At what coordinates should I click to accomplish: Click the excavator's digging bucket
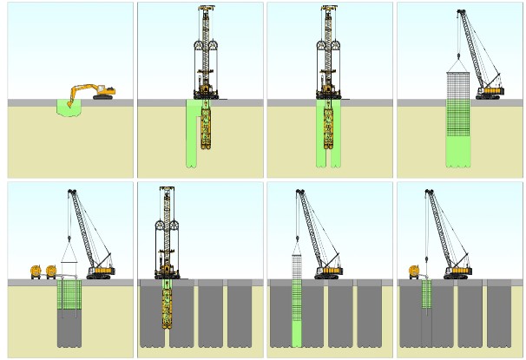(x=69, y=104)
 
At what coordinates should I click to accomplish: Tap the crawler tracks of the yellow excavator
(x=103, y=97)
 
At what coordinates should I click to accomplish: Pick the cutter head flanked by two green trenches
(x=328, y=130)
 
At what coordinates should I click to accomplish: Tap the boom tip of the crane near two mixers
(x=69, y=192)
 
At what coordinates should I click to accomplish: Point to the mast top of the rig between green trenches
(x=328, y=10)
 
